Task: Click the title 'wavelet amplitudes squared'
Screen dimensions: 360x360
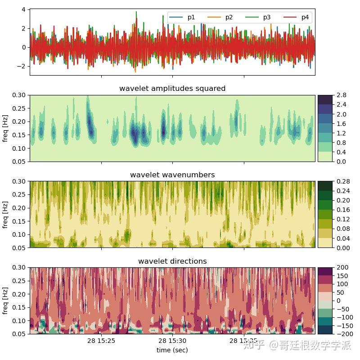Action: click(x=172, y=89)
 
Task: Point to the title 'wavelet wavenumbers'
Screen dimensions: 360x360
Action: click(x=172, y=175)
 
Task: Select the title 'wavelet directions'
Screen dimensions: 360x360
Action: click(x=172, y=261)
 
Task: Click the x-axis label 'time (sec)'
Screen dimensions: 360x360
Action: click(x=172, y=350)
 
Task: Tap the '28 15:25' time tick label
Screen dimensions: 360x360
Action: click(x=101, y=341)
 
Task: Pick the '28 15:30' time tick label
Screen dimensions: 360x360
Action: click(x=172, y=341)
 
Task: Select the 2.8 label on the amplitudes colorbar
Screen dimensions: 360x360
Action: click(x=341, y=95)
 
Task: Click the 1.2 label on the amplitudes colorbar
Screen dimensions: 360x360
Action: click(x=341, y=133)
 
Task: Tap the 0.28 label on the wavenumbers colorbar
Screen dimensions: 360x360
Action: click(x=343, y=181)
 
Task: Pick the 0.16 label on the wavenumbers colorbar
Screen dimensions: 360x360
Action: click(x=343, y=210)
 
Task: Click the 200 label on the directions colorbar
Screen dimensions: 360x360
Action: click(x=342, y=268)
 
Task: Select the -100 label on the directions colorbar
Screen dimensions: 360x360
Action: click(x=344, y=317)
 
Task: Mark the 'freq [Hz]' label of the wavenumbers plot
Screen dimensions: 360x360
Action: click(x=5, y=214)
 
